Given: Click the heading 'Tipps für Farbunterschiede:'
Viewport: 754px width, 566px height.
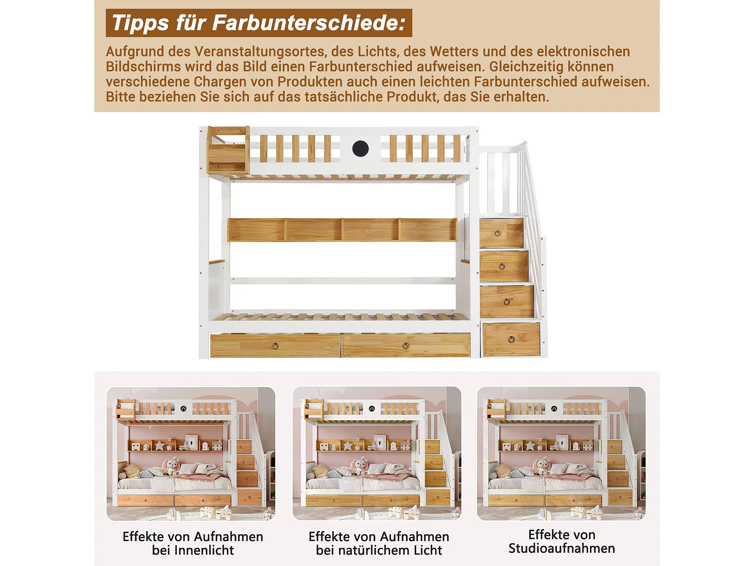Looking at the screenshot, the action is coord(259,23).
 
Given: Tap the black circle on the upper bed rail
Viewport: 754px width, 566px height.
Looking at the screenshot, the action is coord(360,149).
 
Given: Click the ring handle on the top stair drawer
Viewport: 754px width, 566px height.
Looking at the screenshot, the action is coord(498,234).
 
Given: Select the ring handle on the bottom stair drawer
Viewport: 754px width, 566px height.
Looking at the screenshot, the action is coord(512,340).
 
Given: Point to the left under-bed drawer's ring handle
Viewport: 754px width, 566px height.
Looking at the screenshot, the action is coord(275,346).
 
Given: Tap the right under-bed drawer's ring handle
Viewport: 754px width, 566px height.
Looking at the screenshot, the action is coord(406,346).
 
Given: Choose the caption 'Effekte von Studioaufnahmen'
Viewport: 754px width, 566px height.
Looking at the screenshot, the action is coord(562,541).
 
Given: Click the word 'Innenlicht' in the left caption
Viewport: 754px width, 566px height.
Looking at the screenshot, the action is coord(193,551).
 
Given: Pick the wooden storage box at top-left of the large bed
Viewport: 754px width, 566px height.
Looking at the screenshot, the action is coord(228,150).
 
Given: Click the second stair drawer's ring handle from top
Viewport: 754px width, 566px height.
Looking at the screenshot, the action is coord(502,267).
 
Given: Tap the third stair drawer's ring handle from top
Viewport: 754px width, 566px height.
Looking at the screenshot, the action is coord(507,302).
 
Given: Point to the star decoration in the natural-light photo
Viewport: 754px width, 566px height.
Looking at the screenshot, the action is coord(347,445).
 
